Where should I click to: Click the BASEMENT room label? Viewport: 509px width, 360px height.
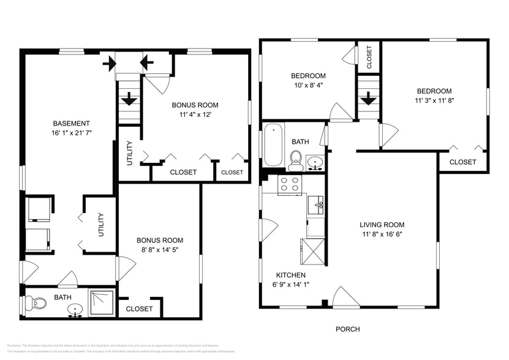click(x=71, y=123)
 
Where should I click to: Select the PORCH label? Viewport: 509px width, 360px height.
click(x=347, y=329)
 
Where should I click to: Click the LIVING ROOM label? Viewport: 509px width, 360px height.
click(x=381, y=224)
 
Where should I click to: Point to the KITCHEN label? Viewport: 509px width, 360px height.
click(x=290, y=275)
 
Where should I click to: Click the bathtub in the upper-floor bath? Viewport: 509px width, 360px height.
click(x=273, y=145)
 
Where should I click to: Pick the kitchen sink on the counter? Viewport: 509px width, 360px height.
click(x=316, y=204)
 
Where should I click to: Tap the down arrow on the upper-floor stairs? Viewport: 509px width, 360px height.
click(x=368, y=98)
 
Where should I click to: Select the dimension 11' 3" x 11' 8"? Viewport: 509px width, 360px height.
click(x=434, y=101)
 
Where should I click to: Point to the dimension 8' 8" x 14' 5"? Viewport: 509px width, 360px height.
click(x=159, y=250)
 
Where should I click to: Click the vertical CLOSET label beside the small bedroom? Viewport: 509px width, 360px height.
click(x=369, y=57)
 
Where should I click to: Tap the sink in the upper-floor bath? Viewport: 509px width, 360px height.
click(x=315, y=163)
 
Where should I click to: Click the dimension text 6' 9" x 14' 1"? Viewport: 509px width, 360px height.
click(x=290, y=284)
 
